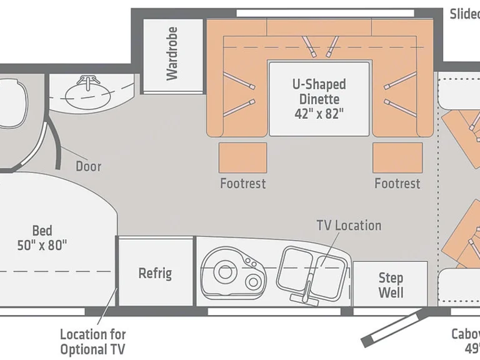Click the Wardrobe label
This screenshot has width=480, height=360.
172,53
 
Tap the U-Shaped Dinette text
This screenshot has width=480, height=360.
319,91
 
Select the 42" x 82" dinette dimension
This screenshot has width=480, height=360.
319,113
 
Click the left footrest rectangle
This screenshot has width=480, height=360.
242,157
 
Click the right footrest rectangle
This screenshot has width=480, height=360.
397,157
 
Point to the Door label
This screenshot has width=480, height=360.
88,166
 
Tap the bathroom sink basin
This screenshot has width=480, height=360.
88,93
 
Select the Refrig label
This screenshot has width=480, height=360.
155,273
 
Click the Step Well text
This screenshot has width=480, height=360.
391,284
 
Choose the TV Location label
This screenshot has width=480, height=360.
348,225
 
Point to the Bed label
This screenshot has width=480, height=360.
42,230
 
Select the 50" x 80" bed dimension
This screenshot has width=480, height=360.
42,245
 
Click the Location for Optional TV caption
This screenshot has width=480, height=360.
92,341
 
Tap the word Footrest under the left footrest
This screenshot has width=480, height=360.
242,184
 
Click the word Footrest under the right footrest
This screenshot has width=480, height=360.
397,184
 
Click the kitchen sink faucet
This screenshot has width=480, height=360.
307,289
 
